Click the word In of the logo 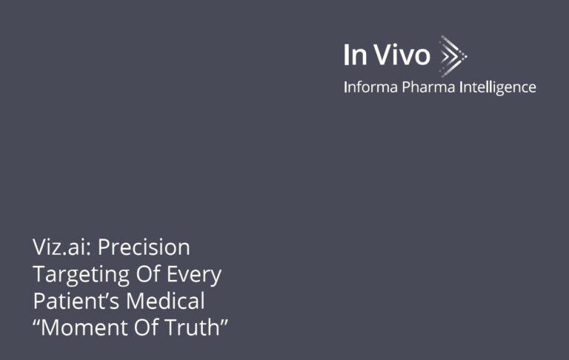point(355,55)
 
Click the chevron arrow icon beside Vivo point(453,54)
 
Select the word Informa point(370,87)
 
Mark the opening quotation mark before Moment point(37,321)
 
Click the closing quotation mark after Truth point(224,321)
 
